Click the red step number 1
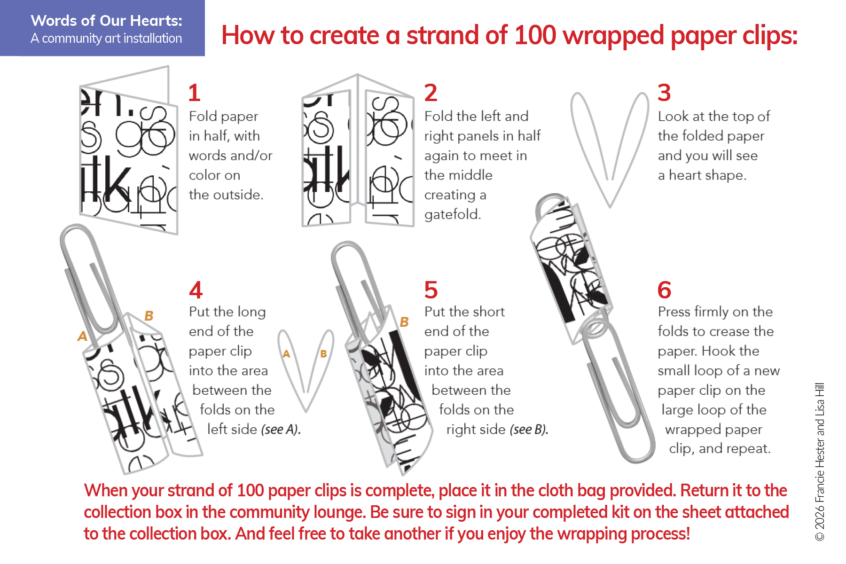click(x=194, y=93)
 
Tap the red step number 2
click(x=431, y=93)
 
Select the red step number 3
click(x=664, y=93)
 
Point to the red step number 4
click(x=196, y=290)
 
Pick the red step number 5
click(x=431, y=290)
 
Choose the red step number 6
click(x=665, y=290)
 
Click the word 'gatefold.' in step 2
click(x=453, y=215)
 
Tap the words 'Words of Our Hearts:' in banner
click(x=107, y=21)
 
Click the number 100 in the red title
click(x=535, y=35)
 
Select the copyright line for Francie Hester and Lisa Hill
click(x=820, y=462)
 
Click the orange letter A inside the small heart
click(x=286, y=354)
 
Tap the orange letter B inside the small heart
click(x=323, y=354)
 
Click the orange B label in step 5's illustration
click(x=404, y=322)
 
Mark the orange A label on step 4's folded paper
click(x=82, y=336)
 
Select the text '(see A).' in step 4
click(x=281, y=430)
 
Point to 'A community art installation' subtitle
click(x=106, y=39)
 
